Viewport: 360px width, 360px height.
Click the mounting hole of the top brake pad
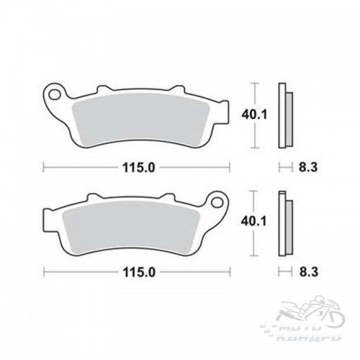point(54,95)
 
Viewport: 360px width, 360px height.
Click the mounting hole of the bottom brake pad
point(218,202)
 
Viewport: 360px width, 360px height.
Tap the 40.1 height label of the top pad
point(254,115)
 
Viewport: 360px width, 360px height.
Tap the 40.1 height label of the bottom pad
point(254,221)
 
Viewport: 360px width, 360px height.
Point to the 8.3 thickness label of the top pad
point(308,167)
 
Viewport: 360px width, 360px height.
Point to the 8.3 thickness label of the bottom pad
point(309,272)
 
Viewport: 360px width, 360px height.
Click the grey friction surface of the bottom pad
point(131,228)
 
